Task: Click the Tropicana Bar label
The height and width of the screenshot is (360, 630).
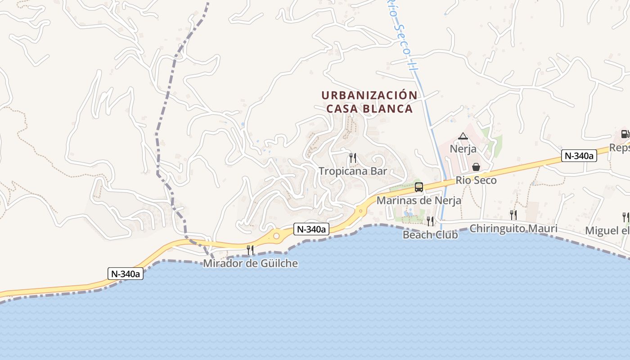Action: (x=353, y=171)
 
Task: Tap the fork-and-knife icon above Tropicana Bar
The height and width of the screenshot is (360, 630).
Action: (x=353, y=157)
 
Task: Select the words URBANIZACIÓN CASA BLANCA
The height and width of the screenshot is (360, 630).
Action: (x=369, y=102)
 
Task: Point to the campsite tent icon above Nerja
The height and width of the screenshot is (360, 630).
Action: (x=463, y=136)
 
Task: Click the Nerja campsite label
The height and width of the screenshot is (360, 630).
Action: (x=463, y=148)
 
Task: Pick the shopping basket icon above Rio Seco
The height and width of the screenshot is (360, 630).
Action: (x=476, y=167)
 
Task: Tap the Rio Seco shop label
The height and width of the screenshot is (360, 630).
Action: (x=476, y=180)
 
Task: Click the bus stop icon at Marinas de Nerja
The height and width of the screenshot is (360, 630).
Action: (x=418, y=187)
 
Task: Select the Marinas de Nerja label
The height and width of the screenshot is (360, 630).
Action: (x=418, y=201)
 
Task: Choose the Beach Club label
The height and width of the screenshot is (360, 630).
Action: (x=430, y=234)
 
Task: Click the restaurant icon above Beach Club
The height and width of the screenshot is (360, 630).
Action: (x=430, y=221)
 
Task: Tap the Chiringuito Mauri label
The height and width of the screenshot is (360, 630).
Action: (x=513, y=229)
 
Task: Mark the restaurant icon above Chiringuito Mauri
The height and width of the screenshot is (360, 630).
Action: (x=513, y=215)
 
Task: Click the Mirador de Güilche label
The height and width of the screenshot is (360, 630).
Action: (x=250, y=263)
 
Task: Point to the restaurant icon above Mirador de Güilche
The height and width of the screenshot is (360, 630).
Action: (x=250, y=250)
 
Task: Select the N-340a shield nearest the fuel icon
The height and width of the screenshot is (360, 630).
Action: (x=579, y=156)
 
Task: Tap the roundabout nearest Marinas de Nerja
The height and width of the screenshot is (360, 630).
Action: (x=360, y=210)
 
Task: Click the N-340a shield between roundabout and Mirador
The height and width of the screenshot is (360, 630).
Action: (x=311, y=229)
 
